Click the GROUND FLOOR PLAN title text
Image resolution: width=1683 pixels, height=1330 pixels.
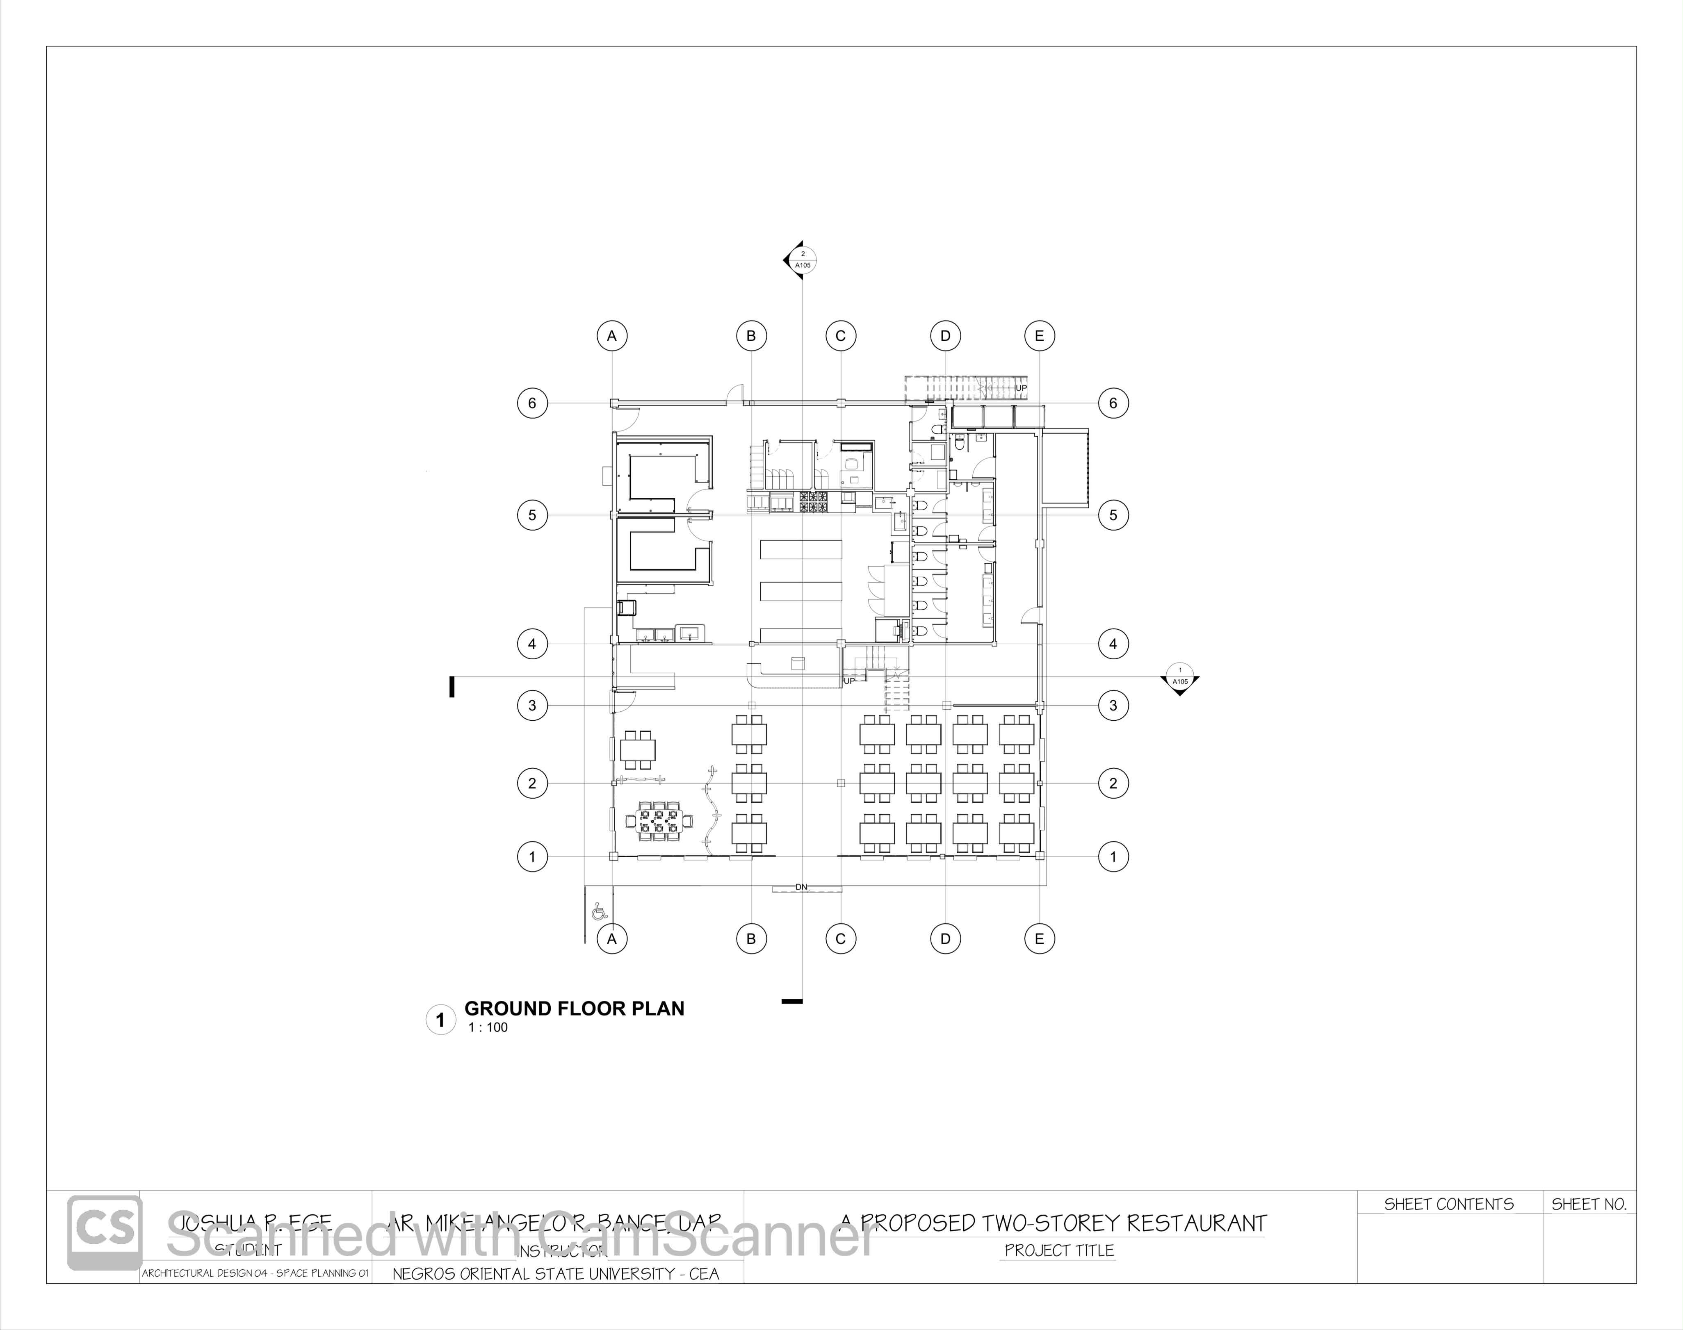pos(574,1009)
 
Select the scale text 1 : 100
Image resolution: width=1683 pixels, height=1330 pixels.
pos(488,1028)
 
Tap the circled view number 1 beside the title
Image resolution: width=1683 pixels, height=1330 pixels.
pos(441,1020)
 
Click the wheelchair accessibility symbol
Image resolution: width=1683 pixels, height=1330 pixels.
pos(599,911)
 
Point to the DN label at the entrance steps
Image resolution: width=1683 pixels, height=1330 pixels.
pos(801,887)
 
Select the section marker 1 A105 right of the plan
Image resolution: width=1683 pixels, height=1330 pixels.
pos(1180,676)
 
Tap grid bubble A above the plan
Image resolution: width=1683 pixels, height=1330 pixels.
pos(612,336)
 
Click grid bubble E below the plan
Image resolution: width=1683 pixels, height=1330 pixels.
pos(1039,939)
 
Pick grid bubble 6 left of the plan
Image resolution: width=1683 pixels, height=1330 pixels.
pos(533,403)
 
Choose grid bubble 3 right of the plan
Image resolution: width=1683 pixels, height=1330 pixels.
pos(1113,706)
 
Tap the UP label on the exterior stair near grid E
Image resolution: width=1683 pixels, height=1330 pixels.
pos(1021,388)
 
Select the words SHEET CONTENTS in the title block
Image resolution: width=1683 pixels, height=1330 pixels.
pos(1448,1205)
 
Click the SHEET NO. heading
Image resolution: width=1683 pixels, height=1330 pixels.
pos(1589,1205)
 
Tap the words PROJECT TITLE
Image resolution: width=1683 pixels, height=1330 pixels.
pos(1059,1250)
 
